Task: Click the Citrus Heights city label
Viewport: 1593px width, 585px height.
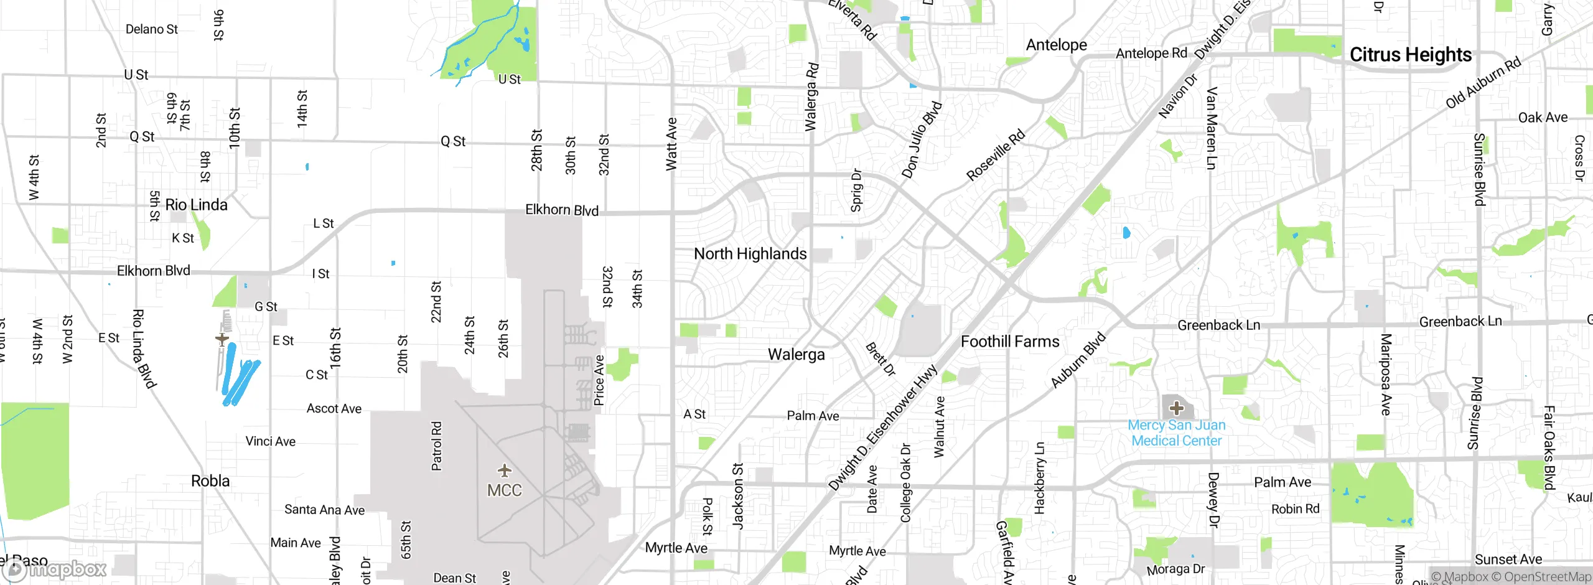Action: click(x=1410, y=55)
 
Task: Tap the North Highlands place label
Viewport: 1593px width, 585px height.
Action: click(x=750, y=254)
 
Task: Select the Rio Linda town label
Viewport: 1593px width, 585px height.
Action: click(x=196, y=205)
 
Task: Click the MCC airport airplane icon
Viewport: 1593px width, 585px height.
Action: click(x=504, y=470)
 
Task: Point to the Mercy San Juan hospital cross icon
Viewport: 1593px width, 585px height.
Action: click(x=1176, y=408)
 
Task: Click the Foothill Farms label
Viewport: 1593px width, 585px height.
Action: click(x=1009, y=342)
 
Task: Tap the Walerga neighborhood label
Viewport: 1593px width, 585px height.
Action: click(x=796, y=355)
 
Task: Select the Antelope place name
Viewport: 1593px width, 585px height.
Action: click(x=1056, y=45)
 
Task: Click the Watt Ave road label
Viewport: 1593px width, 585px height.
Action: click(x=671, y=144)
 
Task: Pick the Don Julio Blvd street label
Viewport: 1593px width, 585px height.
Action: click(x=922, y=140)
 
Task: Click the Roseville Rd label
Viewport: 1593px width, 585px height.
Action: click(x=995, y=156)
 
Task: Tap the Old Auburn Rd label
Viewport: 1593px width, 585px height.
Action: click(x=1482, y=82)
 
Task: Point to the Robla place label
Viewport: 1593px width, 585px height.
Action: click(x=210, y=481)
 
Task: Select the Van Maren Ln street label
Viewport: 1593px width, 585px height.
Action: click(x=1211, y=128)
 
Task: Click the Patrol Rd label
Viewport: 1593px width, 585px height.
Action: click(x=437, y=446)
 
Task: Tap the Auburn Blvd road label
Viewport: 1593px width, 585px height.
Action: click(x=1078, y=360)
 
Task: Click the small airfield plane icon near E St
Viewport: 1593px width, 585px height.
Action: click(x=222, y=339)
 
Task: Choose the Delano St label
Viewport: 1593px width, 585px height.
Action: click(x=151, y=29)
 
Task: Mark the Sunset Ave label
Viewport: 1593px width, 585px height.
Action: click(x=1508, y=559)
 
